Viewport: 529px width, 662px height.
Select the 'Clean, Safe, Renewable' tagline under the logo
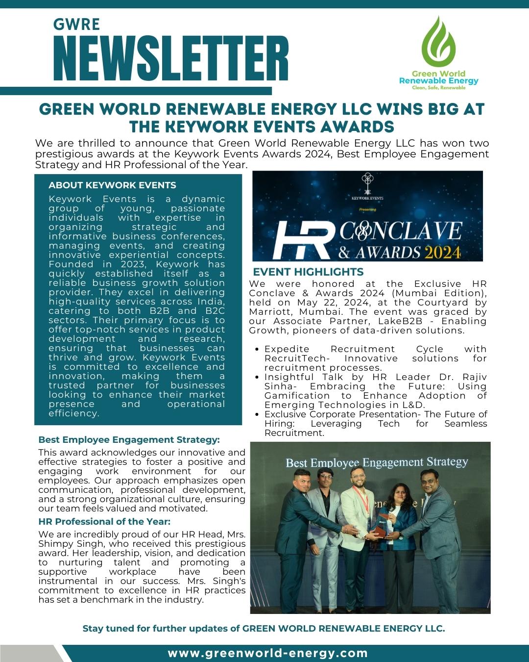pyautogui.click(x=438, y=87)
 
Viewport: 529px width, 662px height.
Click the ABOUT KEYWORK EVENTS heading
pyautogui.click(x=112, y=185)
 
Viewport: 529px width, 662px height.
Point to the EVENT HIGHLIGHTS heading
pyautogui.click(x=308, y=272)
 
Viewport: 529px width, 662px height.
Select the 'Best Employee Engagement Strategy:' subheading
pyautogui.click(x=129, y=439)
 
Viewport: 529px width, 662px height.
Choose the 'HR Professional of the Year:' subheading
pyautogui.click(x=104, y=521)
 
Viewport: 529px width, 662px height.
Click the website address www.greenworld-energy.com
pyautogui.click(x=267, y=653)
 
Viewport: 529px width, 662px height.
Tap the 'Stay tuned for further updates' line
pyautogui.click(x=264, y=629)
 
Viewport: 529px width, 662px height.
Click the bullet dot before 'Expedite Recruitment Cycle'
pyautogui.click(x=258, y=350)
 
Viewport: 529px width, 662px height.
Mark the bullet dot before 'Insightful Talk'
pyautogui.click(x=258, y=378)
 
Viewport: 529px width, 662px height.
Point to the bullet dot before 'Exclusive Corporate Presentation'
pyautogui.click(x=258, y=415)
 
